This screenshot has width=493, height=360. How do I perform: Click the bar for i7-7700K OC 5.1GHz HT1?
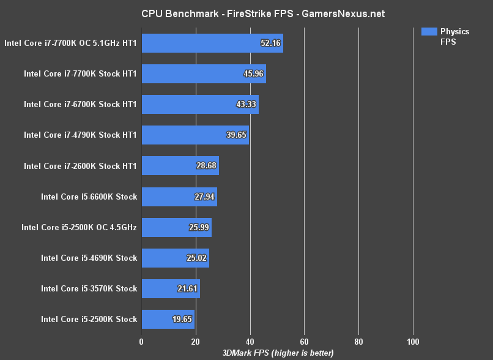(212, 43)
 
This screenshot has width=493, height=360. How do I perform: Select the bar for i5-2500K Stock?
(168, 319)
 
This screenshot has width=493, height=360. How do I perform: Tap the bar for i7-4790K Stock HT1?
(195, 135)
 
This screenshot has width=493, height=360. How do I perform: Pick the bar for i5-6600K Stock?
(179, 197)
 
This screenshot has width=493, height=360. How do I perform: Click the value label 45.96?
(253, 73)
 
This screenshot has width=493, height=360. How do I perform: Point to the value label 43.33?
(246, 104)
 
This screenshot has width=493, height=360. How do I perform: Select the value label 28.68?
(206, 166)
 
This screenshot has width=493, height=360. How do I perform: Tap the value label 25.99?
(199, 227)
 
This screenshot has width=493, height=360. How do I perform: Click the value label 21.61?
(187, 288)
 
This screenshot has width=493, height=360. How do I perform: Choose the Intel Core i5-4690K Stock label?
(89, 258)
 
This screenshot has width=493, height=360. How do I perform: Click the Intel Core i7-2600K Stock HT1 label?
(80, 166)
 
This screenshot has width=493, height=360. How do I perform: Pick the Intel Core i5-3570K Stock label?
(89, 288)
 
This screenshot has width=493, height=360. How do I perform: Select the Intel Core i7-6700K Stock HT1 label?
(80, 104)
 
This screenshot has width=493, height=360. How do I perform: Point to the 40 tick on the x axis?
(250, 342)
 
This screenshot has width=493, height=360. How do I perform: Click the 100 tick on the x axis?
(413, 342)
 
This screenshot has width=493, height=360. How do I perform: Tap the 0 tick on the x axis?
(141, 342)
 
